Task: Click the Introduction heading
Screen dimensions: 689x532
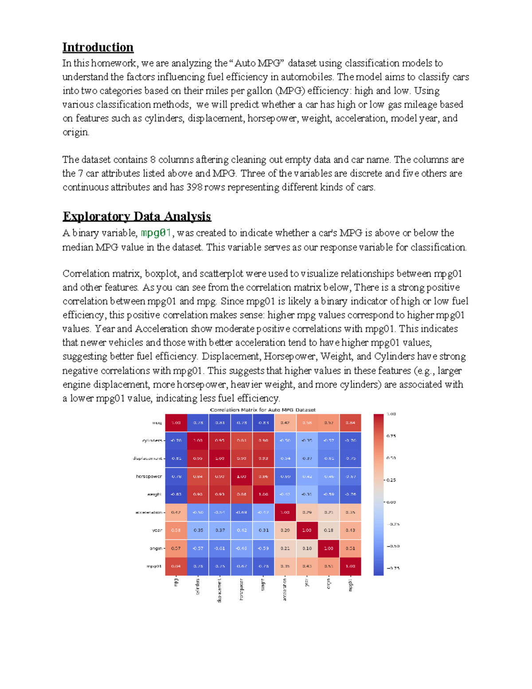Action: (98, 47)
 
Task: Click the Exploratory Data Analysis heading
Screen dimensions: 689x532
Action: (137, 216)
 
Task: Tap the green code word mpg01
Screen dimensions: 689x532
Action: (156, 232)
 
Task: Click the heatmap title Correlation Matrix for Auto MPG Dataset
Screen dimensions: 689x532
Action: (262, 409)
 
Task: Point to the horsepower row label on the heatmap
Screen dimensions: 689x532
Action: (149, 476)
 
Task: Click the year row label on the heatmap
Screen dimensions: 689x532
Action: (157, 530)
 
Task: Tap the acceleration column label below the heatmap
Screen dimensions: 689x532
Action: (285, 589)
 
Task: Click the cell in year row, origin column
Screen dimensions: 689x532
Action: (329, 530)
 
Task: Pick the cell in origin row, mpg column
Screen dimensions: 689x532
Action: (176, 548)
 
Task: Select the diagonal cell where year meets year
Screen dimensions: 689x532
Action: (307, 530)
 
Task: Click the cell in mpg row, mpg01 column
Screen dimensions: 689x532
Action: (350, 423)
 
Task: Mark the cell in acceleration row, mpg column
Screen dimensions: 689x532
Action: (176, 512)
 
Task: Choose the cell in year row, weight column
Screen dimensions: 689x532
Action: (263, 530)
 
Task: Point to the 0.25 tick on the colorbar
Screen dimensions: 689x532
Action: (391, 480)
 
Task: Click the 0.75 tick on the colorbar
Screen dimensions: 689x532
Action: (391, 436)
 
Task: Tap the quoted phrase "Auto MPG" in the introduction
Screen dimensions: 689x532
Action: (257, 63)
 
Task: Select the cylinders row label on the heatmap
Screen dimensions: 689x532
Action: (152, 441)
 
